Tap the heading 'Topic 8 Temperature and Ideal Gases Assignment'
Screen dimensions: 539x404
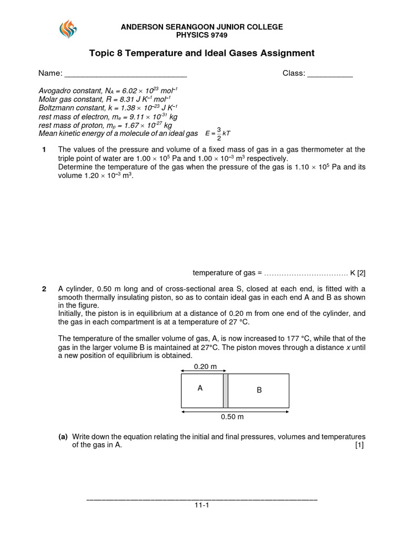tap(202, 53)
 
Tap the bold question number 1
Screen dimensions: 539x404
tap(44, 150)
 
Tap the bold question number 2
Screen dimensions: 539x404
tap(44, 289)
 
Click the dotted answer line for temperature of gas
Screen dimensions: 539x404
tap(305, 273)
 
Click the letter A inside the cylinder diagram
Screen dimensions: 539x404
tap(200, 388)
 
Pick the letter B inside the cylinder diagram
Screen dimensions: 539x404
tap(259, 391)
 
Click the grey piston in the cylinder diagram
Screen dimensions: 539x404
tap(225, 391)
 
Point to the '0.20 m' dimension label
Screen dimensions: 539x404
tap(205, 367)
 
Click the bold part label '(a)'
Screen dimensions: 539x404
tap(63, 437)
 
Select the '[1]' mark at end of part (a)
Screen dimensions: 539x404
tap(360, 445)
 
